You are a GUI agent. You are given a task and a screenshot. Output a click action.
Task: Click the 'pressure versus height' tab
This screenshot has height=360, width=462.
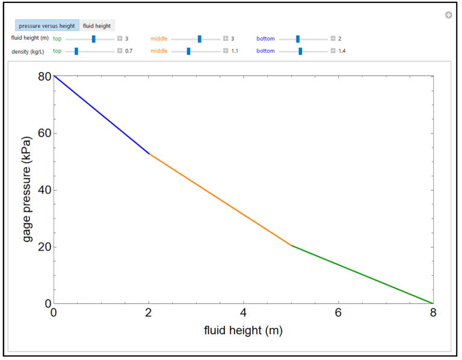(x=47, y=26)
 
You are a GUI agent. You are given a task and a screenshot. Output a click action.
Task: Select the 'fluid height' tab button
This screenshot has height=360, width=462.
(x=97, y=26)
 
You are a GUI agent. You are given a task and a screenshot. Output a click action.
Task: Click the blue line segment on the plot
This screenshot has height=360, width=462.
(x=101, y=114)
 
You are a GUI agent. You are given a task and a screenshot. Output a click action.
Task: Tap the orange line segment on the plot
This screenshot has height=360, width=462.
(x=220, y=199)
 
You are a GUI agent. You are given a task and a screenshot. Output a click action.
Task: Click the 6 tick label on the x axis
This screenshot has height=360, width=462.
(x=338, y=313)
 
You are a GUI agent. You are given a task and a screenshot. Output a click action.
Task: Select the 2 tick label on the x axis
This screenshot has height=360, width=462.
(x=149, y=313)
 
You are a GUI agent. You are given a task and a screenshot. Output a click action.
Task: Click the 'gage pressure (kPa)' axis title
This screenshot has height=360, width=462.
(x=27, y=190)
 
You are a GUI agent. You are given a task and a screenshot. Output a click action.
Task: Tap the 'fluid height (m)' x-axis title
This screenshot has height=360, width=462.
(x=243, y=331)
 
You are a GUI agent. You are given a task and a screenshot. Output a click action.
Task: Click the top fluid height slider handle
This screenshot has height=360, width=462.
(x=93, y=39)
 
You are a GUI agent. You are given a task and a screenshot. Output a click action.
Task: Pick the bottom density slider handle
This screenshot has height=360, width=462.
(x=300, y=51)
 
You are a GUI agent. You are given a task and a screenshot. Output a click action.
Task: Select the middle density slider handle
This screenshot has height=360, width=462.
(x=188, y=51)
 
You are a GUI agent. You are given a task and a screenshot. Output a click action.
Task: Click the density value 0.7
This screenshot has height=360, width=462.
(x=129, y=51)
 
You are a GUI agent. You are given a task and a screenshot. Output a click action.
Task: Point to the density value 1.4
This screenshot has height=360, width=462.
(x=342, y=51)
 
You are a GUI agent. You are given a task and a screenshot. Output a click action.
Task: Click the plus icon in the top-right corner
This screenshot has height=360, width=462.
(x=448, y=15)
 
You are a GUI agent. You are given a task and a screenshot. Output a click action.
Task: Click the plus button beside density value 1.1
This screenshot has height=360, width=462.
(x=226, y=51)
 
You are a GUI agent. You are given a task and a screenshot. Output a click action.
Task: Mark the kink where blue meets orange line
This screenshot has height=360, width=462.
(x=149, y=154)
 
